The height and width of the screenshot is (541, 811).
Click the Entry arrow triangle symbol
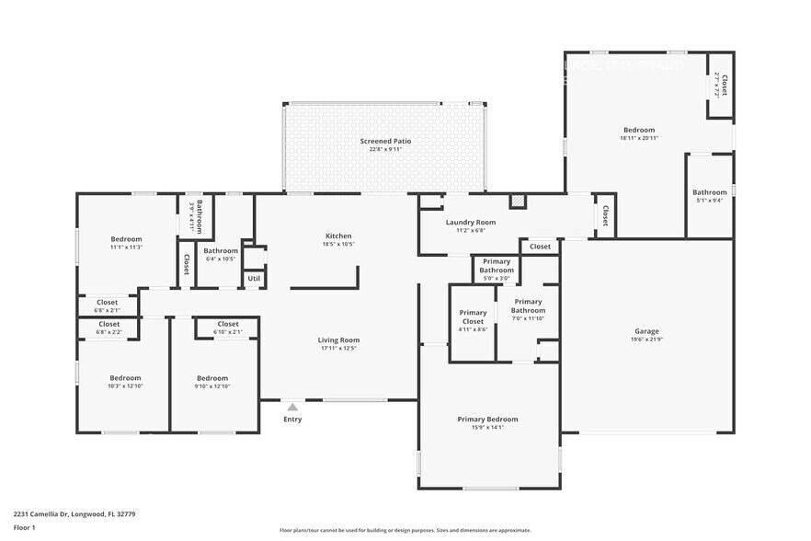click(x=292, y=407)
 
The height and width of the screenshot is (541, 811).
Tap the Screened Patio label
click(x=385, y=141)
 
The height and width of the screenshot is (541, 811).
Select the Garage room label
click(x=646, y=331)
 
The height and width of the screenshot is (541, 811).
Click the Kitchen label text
click(x=338, y=236)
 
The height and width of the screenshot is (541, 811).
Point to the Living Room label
click(x=338, y=340)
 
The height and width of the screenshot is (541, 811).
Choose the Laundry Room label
click(x=470, y=223)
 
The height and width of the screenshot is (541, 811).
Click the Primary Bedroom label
click(x=487, y=419)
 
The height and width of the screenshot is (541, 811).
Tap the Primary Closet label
click(x=473, y=313)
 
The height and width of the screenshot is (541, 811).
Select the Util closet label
click(x=254, y=278)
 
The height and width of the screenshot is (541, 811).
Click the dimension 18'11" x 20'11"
click(x=640, y=138)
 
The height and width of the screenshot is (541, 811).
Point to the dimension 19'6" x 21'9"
click(x=646, y=340)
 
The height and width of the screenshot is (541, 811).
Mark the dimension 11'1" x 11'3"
click(x=126, y=247)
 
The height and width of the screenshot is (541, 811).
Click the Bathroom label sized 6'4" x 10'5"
click(x=221, y=250)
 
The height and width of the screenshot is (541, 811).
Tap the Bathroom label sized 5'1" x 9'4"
click(x=709, y=192)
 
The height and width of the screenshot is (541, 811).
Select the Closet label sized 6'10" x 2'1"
click(x=228, y=324)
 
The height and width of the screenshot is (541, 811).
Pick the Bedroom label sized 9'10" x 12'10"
click(x=212, y=378)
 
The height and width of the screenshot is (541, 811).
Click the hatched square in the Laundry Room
click(x=518, y=201)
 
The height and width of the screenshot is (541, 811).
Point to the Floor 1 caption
click(x=24, y=527)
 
